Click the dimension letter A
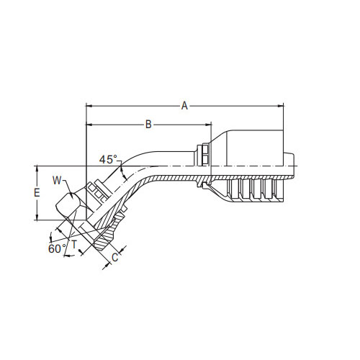point(184,106)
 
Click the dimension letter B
point(148,125)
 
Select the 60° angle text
point(57,248)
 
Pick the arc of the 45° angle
point(127,171)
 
